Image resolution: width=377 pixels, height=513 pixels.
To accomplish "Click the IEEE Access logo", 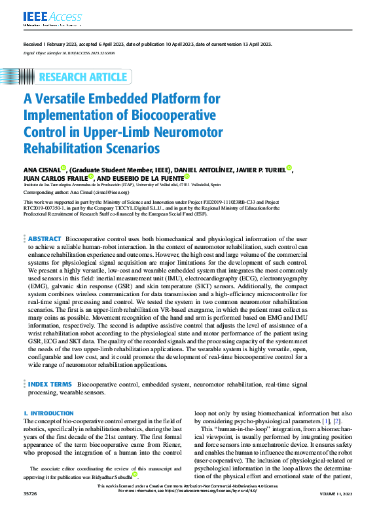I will (44, 16).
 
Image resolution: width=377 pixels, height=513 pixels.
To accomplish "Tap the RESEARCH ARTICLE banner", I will (82, 77).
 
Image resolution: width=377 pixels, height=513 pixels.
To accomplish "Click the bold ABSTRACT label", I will (45, 239).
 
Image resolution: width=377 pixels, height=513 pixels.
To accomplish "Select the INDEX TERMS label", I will (50, 383).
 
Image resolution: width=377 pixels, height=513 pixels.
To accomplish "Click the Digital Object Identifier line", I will (69, 52).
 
